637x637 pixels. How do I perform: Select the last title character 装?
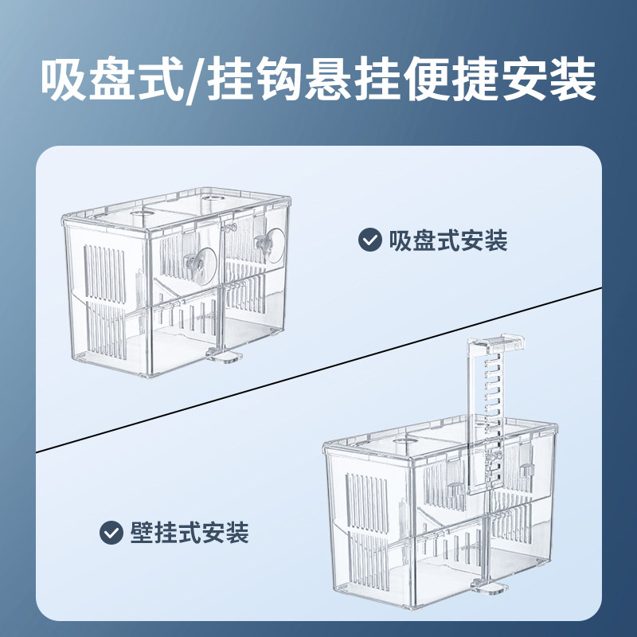coord(573,81)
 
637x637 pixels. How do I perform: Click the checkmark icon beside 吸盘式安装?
coord(369,240)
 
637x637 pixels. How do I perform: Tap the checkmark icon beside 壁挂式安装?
coord(110,532)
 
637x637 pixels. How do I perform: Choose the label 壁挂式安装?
coord(189,532)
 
